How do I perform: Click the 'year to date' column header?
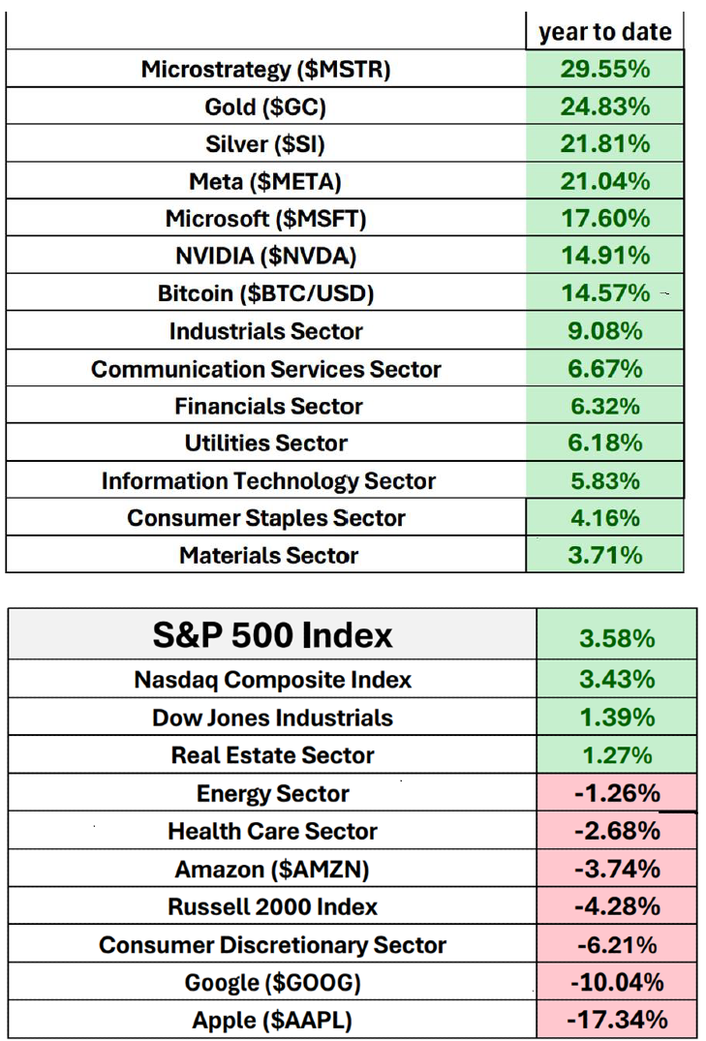tap(604, 32)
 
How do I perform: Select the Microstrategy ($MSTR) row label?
tap(266, 69)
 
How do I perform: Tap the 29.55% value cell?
tap(604, 69)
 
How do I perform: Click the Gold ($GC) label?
tap(265, 107)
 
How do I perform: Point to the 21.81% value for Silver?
tap(604, 143)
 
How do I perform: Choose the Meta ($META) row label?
tap(265, 181)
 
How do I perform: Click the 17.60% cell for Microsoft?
tap(604, 218)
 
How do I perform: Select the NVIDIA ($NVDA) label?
tap(265, 256)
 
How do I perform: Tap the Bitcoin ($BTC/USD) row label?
tap(265, 292)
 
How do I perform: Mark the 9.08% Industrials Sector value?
tap(604, 331)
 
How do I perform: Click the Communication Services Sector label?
tap(265, 369)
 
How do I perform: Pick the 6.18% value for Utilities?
tap(604, 444)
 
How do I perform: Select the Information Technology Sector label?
tap(268, 481)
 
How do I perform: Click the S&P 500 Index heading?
tap(273, 635)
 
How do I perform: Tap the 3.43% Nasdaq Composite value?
tap(616, 680)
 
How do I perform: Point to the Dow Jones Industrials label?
tap(273, 718)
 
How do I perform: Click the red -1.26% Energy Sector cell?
tap(616, 794)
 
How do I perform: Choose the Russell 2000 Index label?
tap(273, 907)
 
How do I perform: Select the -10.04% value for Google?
tap(616, 983)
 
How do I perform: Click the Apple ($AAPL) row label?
tap(273, 1020)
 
